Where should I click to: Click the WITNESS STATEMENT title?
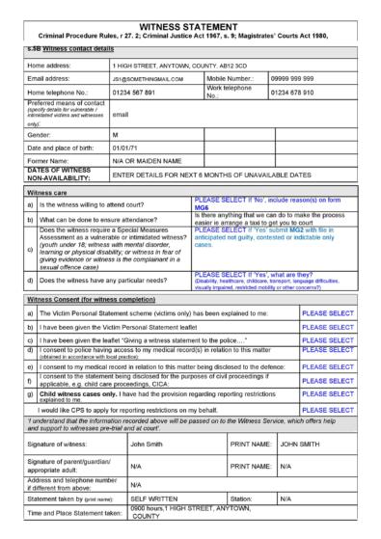click(x=190, y=10)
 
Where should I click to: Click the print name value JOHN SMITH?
click(x=303, y=445)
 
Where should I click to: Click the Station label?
click(x=241, y=500)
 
